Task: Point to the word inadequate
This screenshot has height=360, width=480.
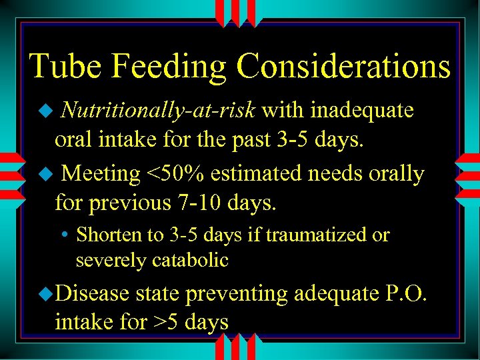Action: pyautogui.click(x=362, y=110)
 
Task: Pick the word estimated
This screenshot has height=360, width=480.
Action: pyautogui.click(x=274, y=174)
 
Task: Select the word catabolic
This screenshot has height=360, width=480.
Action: pyautogui.click(x=190, y=260)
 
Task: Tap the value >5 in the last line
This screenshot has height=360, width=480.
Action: pyautogui.click(x=167, y=323)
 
